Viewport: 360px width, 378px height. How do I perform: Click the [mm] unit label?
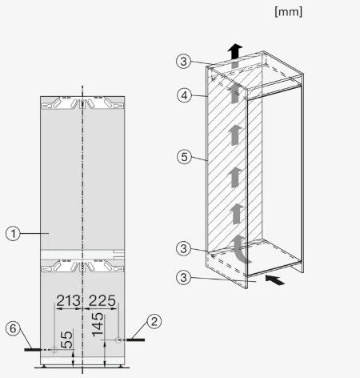pyautogui.click(x=289, y=12)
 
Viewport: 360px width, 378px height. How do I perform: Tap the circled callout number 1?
pyautogui.click(x=13, y=234)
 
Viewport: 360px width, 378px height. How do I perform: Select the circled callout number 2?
pyautogui.click(x=154, y=321)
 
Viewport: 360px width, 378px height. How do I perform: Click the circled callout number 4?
pyautogui.click(x=184, y=95)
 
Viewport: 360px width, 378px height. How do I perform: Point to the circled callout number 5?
pyautogui.click(x=184, y=156)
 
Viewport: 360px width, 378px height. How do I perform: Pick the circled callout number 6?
pyautogui.click(x=13, y=328)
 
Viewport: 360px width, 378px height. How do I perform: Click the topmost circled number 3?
pyautogui.click(x=183, y=61)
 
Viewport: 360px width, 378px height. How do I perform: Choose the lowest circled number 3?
pyautogui.click(x=183, y=277)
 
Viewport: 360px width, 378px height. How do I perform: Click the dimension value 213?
pyautogui.click(x=68, y=300)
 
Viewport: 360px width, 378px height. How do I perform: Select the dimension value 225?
pyautogui.click(x=102, y=300)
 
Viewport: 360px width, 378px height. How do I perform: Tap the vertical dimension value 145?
pyautogui.click(x=98, y=324)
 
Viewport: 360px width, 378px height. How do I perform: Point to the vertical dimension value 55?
pyautogui.click(x=66, y=340)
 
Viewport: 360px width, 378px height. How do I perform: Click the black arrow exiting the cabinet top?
pyautogui.click(x=235, y=51)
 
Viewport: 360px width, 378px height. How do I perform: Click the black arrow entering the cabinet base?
pyautogui.click(x=274, y=280)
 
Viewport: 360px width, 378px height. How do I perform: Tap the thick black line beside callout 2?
pyautogui.click(x=135, y=340)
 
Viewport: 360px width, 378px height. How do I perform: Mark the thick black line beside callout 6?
pyautogui.click(x=33, y=349)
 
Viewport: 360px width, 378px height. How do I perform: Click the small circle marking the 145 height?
pyautogui.click(x=118, y=340)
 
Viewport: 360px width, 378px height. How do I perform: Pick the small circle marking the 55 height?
pyautogui.click(x=54, y=350)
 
